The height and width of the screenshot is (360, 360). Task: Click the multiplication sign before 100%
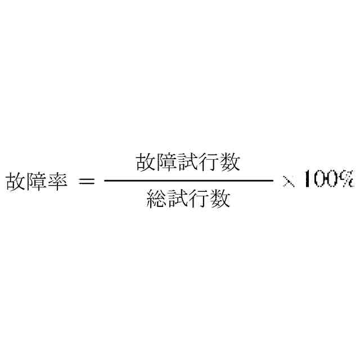coord(289,182)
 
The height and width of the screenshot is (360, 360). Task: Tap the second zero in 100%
coord(332,179)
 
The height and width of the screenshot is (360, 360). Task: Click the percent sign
coord(346,179)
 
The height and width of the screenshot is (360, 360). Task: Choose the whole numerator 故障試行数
coord(188,163)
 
